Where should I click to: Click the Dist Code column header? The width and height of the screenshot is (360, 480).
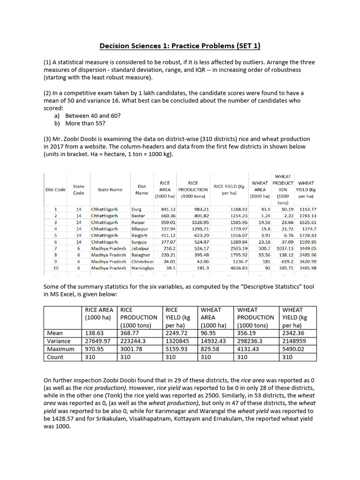[x=55, y=189]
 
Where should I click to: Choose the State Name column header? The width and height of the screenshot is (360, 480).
[x=110, y=189]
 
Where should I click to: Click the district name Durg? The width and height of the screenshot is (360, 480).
[x=136, y=209]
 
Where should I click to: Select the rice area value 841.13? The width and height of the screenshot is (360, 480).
[x=168, y=209]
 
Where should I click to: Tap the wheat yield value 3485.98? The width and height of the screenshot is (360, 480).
[x=307, y=268]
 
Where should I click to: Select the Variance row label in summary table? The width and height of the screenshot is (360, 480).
[x=59, y=341]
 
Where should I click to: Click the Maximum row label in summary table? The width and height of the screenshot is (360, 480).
[x=61, y=349]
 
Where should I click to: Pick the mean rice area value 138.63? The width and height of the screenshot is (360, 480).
[x=93, y=333]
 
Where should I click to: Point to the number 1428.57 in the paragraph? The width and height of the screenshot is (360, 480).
[x=65, y=419]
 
